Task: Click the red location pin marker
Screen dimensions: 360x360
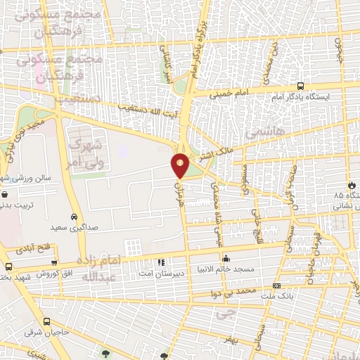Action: (181, 166)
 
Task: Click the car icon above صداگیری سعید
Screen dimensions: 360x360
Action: (74, 217)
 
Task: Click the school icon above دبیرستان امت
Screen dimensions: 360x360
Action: (161, 262)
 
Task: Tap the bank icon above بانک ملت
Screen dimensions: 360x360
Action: (276, 286)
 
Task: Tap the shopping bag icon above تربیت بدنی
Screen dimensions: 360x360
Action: (5, 194)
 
